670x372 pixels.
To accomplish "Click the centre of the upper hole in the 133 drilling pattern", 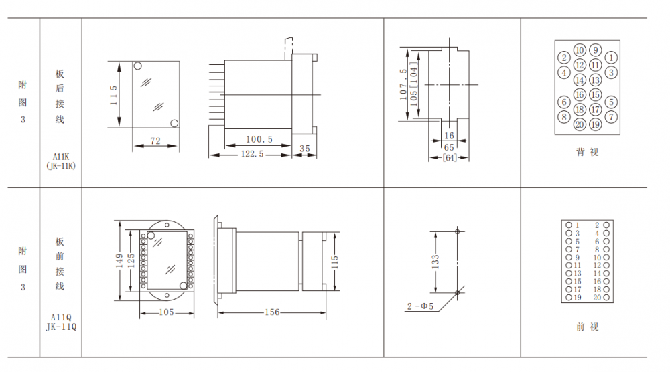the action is pos(457,231).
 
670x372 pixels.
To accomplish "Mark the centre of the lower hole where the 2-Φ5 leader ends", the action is pos(457,293).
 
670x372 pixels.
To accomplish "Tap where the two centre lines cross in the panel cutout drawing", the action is pos(449,84).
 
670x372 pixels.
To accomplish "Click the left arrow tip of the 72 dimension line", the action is pos(134,146).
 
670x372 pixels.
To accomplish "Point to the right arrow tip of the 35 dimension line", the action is pos(316,155).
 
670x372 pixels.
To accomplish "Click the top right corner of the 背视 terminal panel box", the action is pos(620,41).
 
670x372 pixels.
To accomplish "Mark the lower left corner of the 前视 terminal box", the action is pos(561,302).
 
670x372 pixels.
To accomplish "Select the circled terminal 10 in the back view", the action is pos(580,50).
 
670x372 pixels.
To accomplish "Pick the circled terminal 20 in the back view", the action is pos(580,124).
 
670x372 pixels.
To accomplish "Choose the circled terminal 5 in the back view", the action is pos(611,102).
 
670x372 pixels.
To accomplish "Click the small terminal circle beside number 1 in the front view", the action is pos(569,225).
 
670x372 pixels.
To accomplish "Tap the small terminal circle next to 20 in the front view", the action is pos(606,298).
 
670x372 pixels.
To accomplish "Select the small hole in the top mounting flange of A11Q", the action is pos(167,224).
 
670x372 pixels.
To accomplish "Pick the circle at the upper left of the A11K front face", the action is pos(137,66).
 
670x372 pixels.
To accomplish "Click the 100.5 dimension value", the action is pos(259,139).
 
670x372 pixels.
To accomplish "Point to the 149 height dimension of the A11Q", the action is pos(119,261).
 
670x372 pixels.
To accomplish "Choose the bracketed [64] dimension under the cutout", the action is pos(450,158).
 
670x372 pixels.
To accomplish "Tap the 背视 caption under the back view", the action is pos(587,152).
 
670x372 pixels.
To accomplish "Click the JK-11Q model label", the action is pos(61,327).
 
